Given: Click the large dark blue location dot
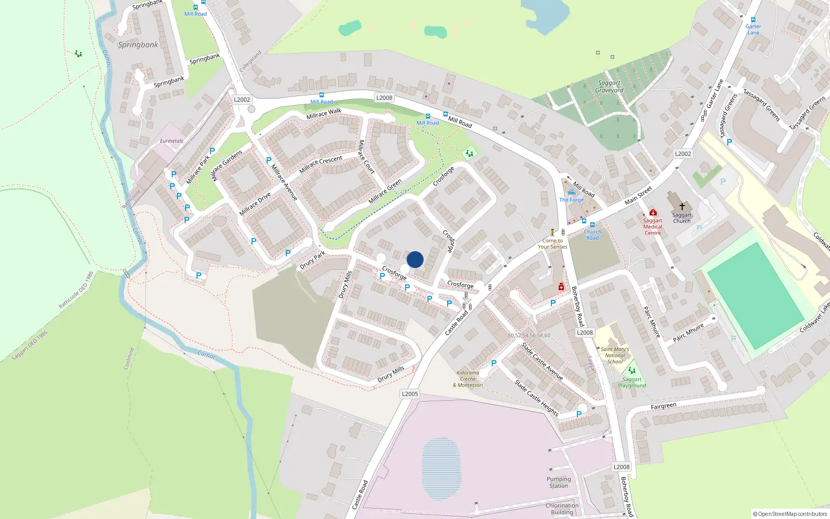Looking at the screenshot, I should pos(415,259).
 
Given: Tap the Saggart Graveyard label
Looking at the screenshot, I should pos(609,87).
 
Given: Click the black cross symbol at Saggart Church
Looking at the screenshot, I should pos(682,207).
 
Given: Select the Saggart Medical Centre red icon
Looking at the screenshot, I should pos(653,212).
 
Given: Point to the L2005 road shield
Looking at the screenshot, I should pos(410,394).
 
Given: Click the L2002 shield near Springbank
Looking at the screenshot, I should pos(242,100).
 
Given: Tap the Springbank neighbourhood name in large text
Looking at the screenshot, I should pos(138,45).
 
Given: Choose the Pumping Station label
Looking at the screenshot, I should pos(559,483).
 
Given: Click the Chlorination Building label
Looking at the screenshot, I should pos(562,509).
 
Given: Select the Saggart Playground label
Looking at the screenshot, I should pos(632,383).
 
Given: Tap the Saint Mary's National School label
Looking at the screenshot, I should pos(615,356).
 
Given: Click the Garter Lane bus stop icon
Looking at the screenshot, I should pos(753,20).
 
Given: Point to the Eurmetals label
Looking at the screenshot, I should pos(171,141).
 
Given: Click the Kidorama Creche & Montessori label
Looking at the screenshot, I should pos(468,379).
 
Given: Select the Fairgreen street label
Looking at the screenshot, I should pos(663,406).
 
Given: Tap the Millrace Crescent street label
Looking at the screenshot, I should pos(321,164).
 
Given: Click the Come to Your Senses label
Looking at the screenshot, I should pos(552,243).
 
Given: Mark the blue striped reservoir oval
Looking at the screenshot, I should pos(441,468).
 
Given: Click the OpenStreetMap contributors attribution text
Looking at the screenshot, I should pos(790,514).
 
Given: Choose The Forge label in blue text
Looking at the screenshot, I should pos(571,200).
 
